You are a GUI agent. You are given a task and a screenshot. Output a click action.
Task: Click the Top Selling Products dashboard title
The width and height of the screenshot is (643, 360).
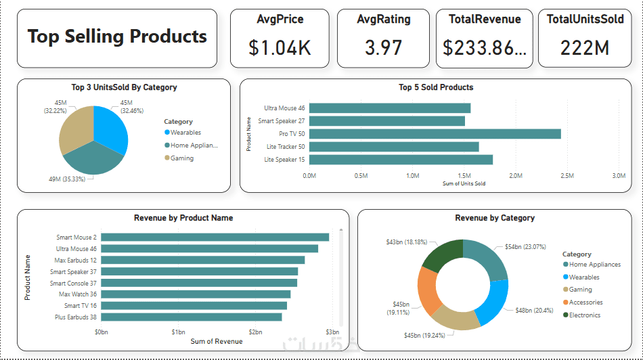coord(117,37)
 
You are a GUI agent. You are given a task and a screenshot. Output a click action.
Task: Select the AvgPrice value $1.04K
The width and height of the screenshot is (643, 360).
coord(280,47)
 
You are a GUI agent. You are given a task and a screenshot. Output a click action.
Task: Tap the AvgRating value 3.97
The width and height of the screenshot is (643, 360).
coord(383,47)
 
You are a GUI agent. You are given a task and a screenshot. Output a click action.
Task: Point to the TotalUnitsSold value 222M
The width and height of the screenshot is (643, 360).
coord(585,47)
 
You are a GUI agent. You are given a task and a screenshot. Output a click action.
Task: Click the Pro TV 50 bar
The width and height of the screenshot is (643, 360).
coord(435,134)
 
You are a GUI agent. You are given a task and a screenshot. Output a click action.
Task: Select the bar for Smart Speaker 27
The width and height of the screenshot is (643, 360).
coord(386,121)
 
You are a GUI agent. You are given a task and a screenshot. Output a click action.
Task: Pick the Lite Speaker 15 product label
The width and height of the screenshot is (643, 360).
coord(284,160)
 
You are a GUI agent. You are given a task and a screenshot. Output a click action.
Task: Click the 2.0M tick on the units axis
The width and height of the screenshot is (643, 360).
coord(515,176)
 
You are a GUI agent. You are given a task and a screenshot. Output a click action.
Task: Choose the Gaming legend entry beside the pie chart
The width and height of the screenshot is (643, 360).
coord(181,158)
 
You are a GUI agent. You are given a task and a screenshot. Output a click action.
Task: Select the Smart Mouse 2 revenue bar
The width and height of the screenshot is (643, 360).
coord(215,237)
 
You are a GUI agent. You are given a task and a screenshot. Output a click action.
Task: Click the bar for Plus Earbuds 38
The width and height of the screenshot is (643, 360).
coord(191,317)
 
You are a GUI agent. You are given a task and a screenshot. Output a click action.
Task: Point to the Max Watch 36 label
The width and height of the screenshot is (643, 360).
coord(77,294)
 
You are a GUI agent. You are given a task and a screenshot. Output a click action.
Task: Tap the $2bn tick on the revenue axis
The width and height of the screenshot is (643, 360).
coord(254,332)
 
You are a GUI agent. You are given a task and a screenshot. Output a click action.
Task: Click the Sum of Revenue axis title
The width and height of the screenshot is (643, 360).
coord(216,342)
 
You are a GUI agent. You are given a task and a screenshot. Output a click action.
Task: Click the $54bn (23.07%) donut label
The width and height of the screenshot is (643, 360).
coord(526,247)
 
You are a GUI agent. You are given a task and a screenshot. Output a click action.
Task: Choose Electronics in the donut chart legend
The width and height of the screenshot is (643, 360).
coord(584,315)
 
